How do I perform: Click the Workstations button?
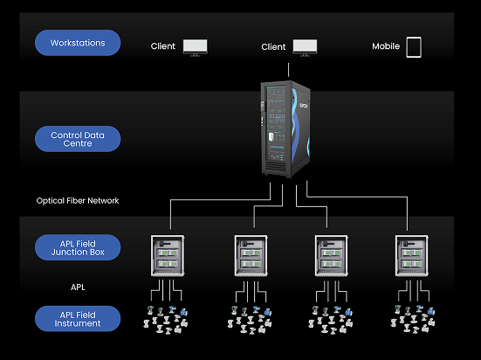78,43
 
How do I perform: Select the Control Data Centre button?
78,138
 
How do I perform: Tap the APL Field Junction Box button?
78,247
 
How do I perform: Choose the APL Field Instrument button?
78,318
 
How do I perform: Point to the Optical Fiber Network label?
78,200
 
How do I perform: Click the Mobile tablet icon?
413,46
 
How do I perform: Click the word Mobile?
386,47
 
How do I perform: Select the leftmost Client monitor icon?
195,46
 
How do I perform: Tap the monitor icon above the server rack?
305,46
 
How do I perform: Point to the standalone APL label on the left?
78,285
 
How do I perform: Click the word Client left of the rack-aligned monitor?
273,47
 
